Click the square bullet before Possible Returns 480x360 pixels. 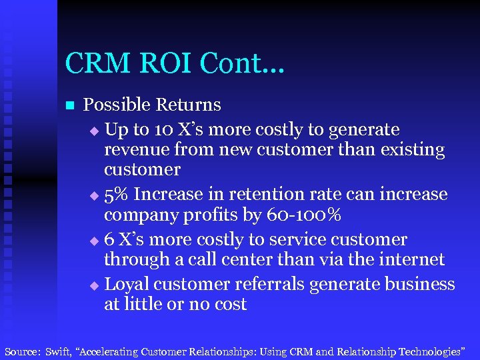pos(69,105)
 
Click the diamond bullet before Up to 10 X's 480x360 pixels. pos(93,129)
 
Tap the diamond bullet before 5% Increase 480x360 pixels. pos(93,195)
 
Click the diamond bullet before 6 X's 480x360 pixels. pos(93,241)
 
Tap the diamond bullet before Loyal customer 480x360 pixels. pos(93,285)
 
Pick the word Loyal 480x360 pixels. pos(127,285)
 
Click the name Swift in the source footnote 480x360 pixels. pos(59,351)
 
